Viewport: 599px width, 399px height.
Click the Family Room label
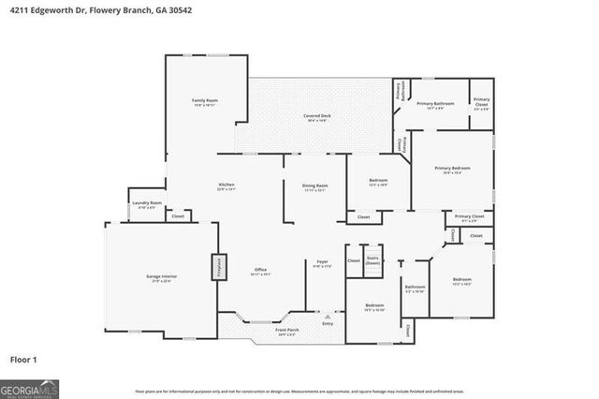click(205, 100)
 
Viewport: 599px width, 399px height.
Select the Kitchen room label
click(226, 185)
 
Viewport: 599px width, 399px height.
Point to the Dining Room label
click(314, 186)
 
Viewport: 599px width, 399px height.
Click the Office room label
click(261, 272)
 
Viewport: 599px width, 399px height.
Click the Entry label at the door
click(328, 323)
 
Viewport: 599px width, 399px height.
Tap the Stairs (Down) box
click(373, 261)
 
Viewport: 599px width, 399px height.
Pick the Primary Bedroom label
click(452, 169)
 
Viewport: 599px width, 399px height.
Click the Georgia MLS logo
click(30, 387)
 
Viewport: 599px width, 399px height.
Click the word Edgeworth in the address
click(49, 8)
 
